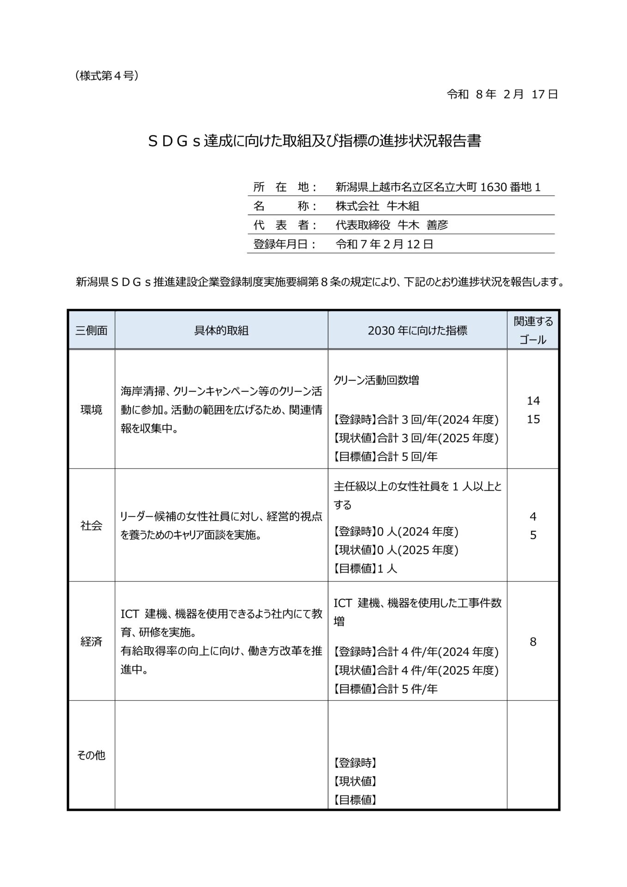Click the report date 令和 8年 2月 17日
coord(502,95)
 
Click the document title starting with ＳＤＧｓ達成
coord(314,141)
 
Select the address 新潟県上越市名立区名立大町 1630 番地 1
coord(438,187)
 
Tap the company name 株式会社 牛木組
coord(377,206)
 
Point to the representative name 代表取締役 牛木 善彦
coord(392,225)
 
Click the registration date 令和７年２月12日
coord(384,244)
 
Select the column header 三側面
coord(91,330)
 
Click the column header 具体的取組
coord(221,330)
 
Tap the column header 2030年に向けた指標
coord(417,330)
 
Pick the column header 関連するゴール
coord(533,330)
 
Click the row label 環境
coord(91,410)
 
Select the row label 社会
coord(91,526)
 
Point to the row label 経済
coord(91,642)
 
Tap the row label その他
coord(91,755)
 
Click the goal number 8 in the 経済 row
coord(533,642)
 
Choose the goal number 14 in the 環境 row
coord(533,401)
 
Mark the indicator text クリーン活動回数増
coord(376,380)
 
